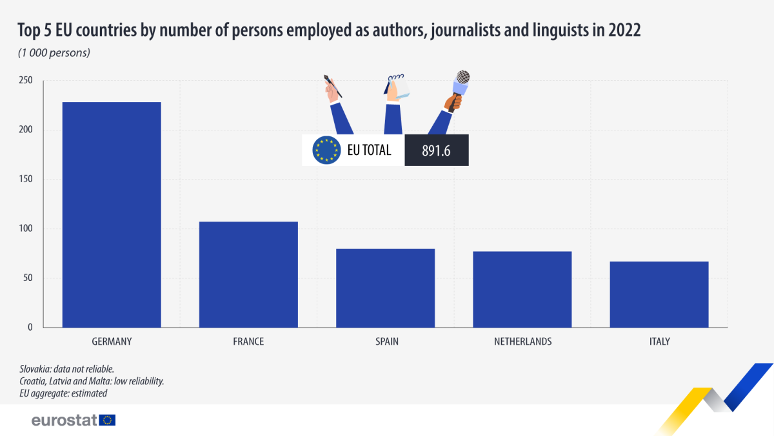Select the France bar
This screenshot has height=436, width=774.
248,275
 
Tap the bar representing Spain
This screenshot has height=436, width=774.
385,288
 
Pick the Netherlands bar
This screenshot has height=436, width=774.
522,289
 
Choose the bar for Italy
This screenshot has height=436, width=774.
659,295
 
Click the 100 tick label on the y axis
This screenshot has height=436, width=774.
26,229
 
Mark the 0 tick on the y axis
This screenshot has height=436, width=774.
30,327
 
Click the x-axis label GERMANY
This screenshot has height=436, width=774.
112,342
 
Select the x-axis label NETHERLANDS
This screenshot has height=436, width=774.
522,342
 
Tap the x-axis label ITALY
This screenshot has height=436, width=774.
659,342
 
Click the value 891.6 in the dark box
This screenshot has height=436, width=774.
436,151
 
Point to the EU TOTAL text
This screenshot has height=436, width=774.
369,151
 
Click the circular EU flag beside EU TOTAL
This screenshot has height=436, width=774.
326,151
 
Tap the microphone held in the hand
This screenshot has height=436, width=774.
461,84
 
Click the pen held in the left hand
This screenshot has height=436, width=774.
333,87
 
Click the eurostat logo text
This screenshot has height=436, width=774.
64,420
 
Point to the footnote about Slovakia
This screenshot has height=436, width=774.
67,369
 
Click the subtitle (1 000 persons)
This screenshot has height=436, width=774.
54,53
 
